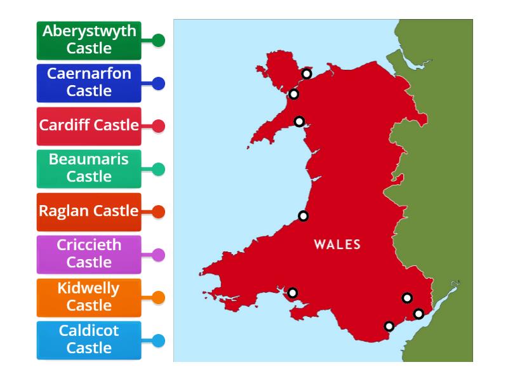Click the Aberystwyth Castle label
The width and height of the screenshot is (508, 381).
pos(89,40)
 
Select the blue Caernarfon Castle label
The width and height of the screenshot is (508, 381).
pos(89,83)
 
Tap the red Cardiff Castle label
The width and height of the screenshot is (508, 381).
pos(89,125)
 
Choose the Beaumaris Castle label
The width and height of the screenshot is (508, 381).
pos(89,168)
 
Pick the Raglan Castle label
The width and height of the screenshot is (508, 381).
pos(89,211)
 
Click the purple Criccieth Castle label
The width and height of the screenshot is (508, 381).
pos(89,254)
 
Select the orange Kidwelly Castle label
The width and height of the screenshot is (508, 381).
pos(89,297)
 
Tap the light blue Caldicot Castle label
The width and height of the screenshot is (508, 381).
pos(89,340)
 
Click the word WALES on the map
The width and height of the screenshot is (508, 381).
pos(337,244)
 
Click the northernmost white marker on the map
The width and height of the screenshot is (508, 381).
pos(306,74)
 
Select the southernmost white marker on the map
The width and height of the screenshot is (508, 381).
pos(389,326)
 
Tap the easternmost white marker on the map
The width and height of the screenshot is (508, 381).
pos(418,314)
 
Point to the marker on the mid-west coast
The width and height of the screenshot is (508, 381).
pos(304,216)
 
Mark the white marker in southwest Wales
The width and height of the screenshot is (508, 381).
pos(293,293)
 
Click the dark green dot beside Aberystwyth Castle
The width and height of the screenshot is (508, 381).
pos(159,41)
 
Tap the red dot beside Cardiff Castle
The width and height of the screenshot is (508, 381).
pos(159,126)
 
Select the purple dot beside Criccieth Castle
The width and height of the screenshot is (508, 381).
pos(159,255)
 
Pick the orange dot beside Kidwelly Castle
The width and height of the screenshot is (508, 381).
pos(159,298)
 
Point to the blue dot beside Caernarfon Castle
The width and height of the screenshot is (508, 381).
pos(159,83)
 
